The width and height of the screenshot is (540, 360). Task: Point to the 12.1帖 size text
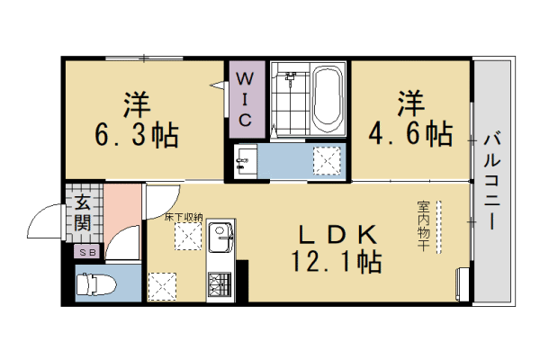[336, 263]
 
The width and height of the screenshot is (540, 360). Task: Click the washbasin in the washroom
[243, 163]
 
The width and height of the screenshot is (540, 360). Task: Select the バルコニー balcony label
[492, 180]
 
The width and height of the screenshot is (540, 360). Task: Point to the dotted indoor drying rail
[439, 224]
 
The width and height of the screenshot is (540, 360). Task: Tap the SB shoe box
[88, 253]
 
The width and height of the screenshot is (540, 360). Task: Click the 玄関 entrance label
[82, 214]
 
